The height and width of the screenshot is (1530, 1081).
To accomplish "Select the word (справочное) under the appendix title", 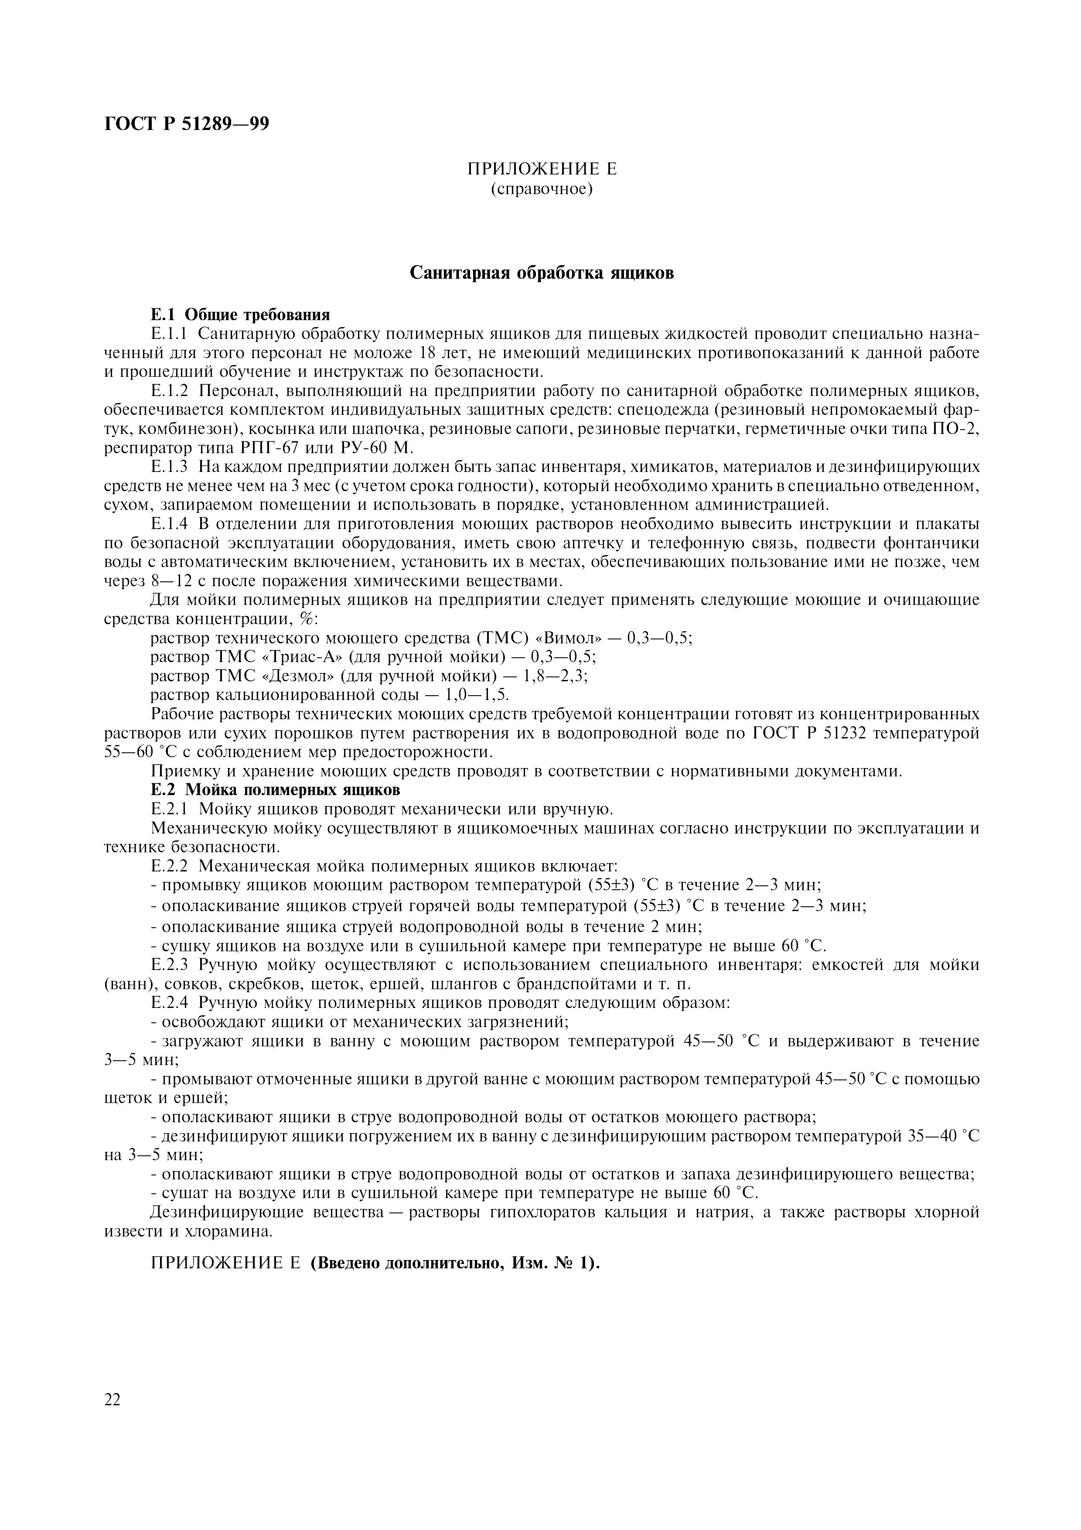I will [x=542, y=189].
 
